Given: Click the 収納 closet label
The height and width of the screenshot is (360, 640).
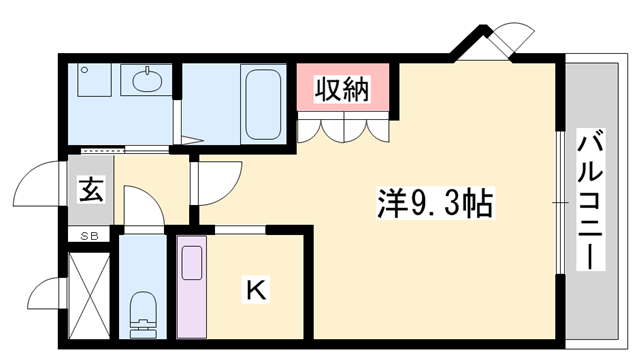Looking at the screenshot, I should click(343, 89).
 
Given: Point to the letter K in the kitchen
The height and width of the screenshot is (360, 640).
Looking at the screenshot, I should click(256, 291).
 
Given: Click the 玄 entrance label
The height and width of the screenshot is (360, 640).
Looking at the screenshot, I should click(91, 189).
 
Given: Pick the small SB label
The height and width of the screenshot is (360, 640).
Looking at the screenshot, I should click(90, 236).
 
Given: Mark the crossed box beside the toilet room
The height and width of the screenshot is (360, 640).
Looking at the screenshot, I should click(89, 294).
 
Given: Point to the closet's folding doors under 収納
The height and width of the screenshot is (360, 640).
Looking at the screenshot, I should click(343, 128).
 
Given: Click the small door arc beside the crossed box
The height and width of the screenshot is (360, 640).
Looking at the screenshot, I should click(46, 296).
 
